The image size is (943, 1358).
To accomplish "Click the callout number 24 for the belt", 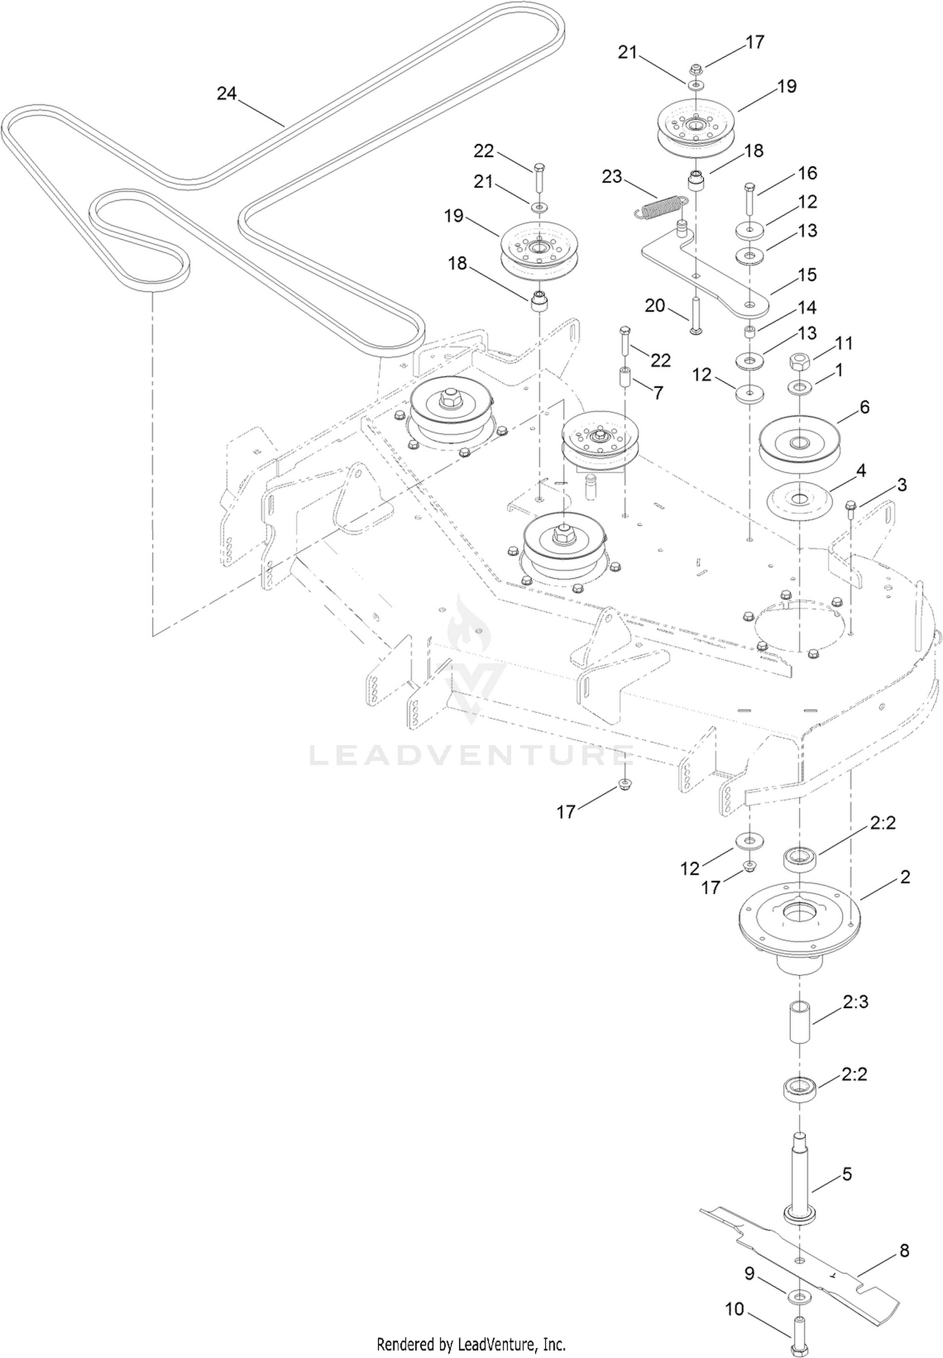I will [226, 94].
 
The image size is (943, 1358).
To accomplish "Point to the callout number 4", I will [861, 471].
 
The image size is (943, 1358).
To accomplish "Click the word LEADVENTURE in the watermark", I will [472, 755].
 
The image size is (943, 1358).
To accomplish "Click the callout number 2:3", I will [856, 1001].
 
